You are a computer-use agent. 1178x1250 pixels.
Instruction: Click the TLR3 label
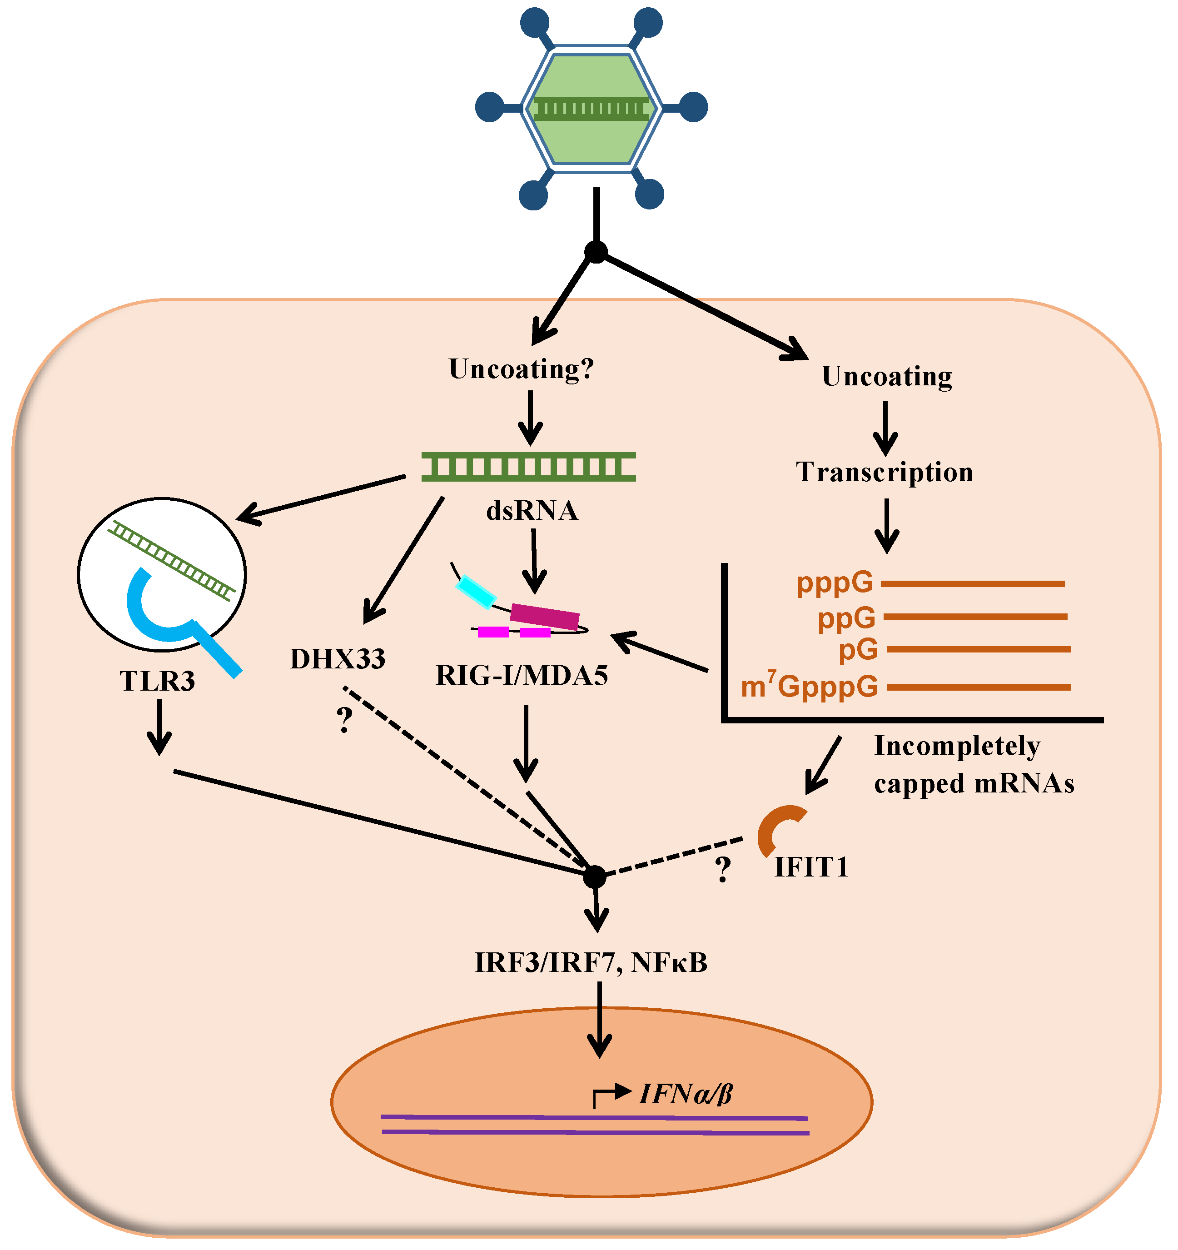157,682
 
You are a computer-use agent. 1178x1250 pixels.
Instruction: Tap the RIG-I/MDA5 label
522,676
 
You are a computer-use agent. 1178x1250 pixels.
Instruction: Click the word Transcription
885,472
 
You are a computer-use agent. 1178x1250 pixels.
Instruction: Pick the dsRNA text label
532,511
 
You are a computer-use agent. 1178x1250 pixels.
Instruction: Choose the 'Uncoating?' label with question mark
521,369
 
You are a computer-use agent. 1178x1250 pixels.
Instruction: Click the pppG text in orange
835,583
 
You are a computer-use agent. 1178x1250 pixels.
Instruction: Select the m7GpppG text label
809,687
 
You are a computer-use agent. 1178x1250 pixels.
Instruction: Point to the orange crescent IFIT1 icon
777,829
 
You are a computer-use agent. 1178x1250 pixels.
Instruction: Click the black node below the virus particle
596,252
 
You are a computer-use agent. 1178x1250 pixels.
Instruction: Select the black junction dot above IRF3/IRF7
595,876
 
